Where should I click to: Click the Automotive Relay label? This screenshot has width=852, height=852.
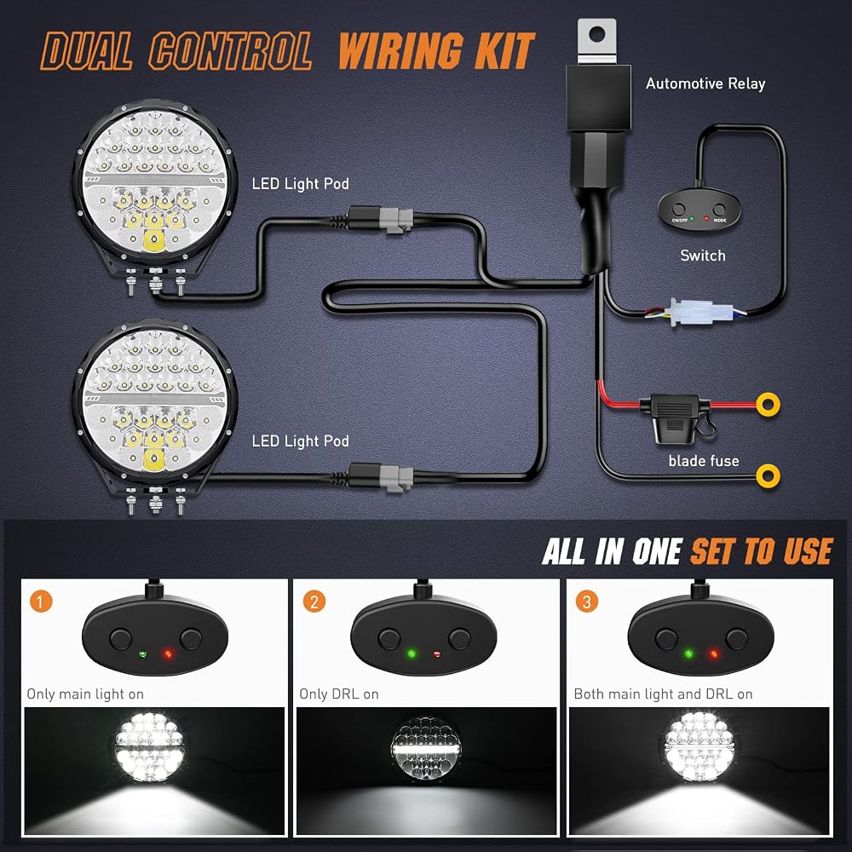click(705, 83)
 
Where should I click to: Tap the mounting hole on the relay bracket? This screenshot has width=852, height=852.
click(596, 35)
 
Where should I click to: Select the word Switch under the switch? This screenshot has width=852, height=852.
click(703, 256)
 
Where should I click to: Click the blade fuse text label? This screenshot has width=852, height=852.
click(704, 461)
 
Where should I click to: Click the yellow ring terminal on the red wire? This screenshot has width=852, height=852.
click(768, 404)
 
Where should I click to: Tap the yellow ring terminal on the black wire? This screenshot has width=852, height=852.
click(768, 476)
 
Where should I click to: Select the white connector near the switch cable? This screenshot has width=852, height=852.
click(692, 311)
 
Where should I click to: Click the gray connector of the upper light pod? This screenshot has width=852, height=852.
click(397, 220)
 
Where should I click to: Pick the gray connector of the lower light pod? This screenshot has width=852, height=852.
click(397, 478)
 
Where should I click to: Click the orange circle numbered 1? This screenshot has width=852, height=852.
click(41, 601)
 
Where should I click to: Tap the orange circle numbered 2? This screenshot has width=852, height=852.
click(314, 601)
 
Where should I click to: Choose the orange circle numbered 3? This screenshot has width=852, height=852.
click(587, 601)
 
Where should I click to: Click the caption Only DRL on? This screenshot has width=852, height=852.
click(339, 694)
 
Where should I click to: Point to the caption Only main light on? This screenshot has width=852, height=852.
click(85, 694)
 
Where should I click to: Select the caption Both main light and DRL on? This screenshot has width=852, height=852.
click(663, 694)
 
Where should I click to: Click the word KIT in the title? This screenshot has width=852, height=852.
click(504, 50)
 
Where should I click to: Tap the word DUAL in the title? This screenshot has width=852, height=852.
click(87, 50)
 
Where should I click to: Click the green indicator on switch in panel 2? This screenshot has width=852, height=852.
click(412, 653)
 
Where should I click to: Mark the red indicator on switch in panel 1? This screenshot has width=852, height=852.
click(168, 653)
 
